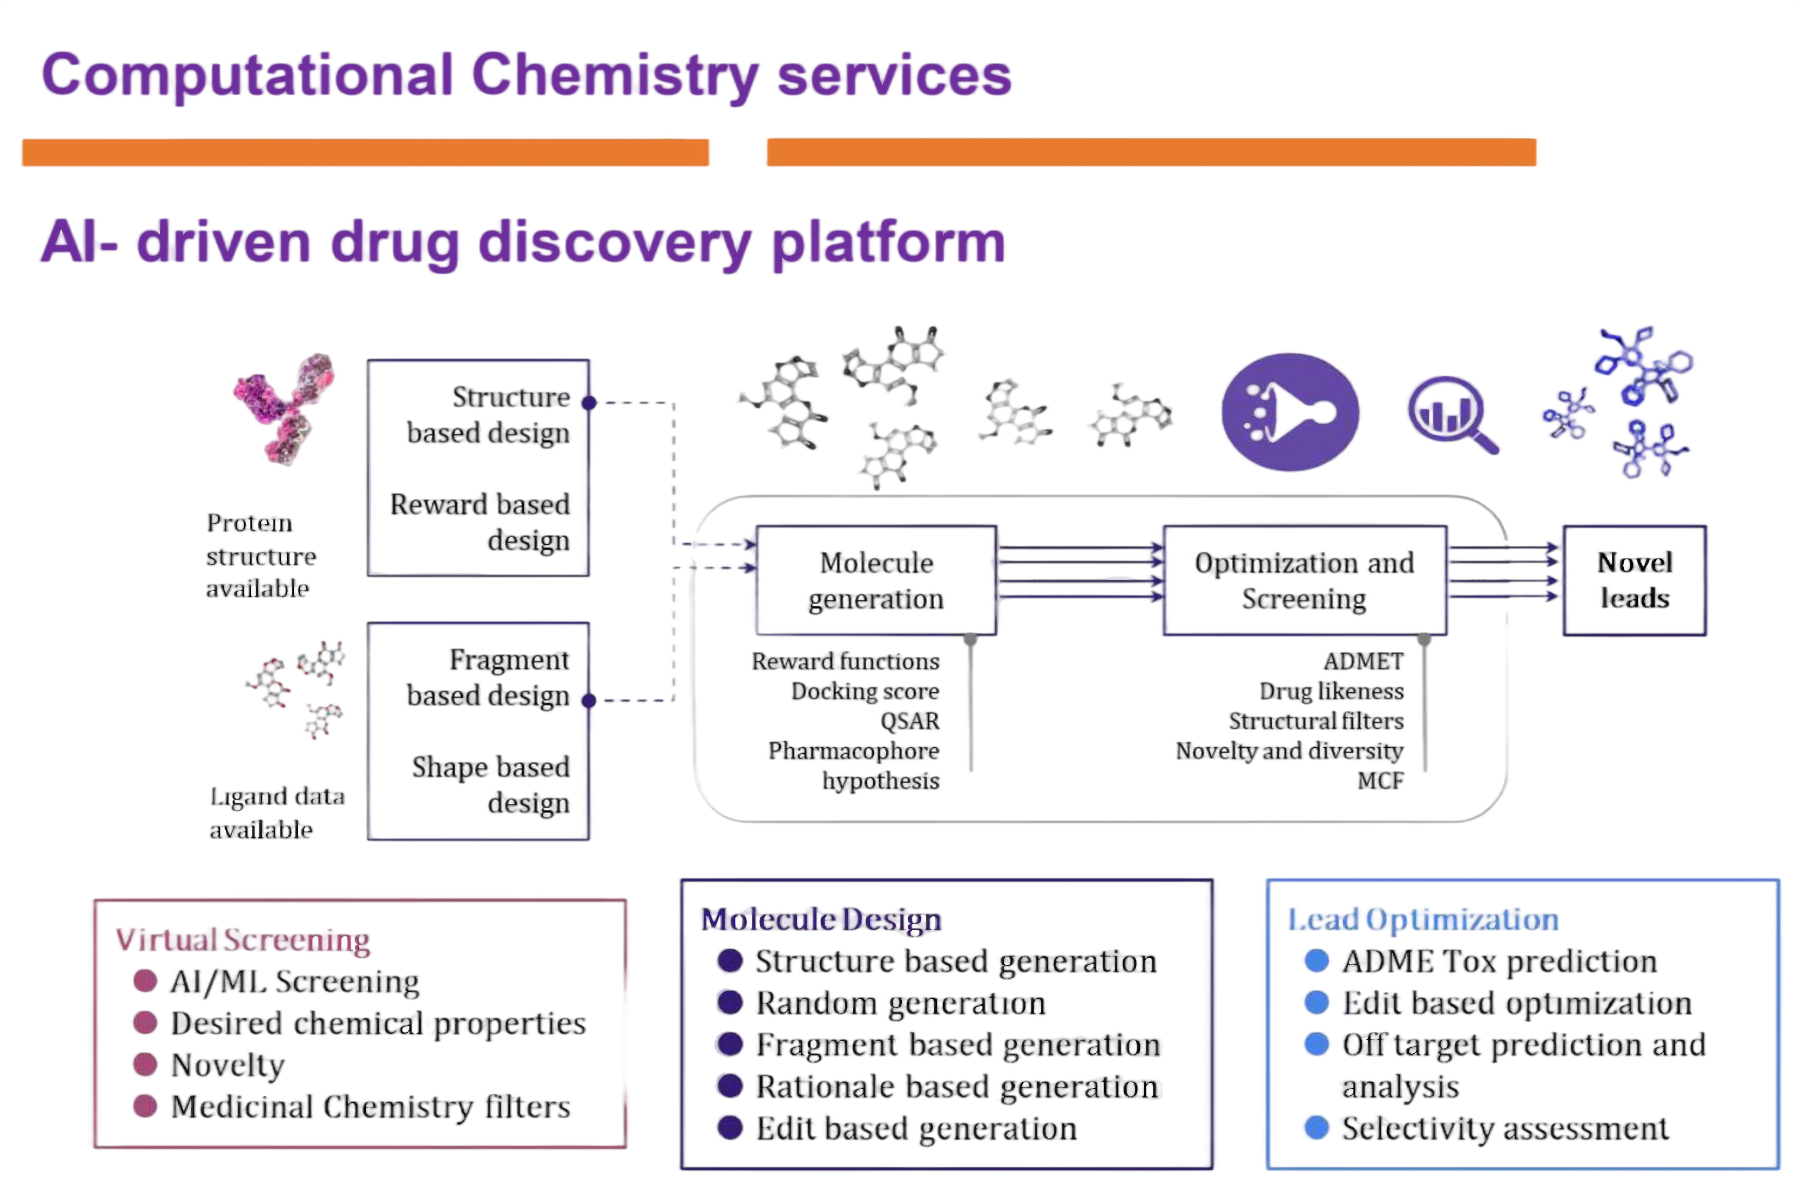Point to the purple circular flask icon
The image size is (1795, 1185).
[1290, 412]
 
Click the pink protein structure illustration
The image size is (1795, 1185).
[284, 408]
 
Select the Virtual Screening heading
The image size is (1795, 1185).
[243, 939]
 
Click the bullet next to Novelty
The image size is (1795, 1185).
[144, 1065]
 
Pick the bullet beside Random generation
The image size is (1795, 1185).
[729, 1003]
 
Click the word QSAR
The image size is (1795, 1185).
[909, 721]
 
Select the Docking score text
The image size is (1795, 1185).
[865, 692]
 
